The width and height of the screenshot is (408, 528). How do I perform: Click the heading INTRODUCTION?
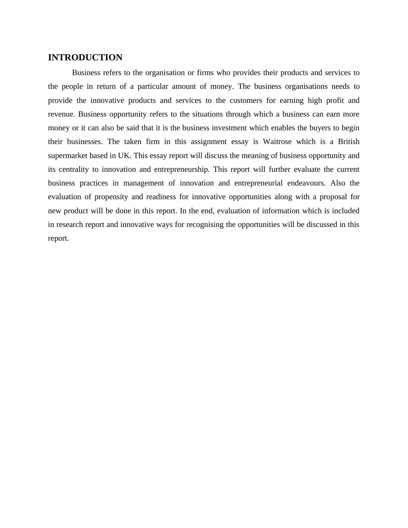(85, 58)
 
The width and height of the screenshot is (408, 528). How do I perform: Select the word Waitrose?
(277, 142)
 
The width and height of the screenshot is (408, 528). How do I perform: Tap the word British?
(348, 142)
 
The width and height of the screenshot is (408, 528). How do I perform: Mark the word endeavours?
(306, 183)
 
